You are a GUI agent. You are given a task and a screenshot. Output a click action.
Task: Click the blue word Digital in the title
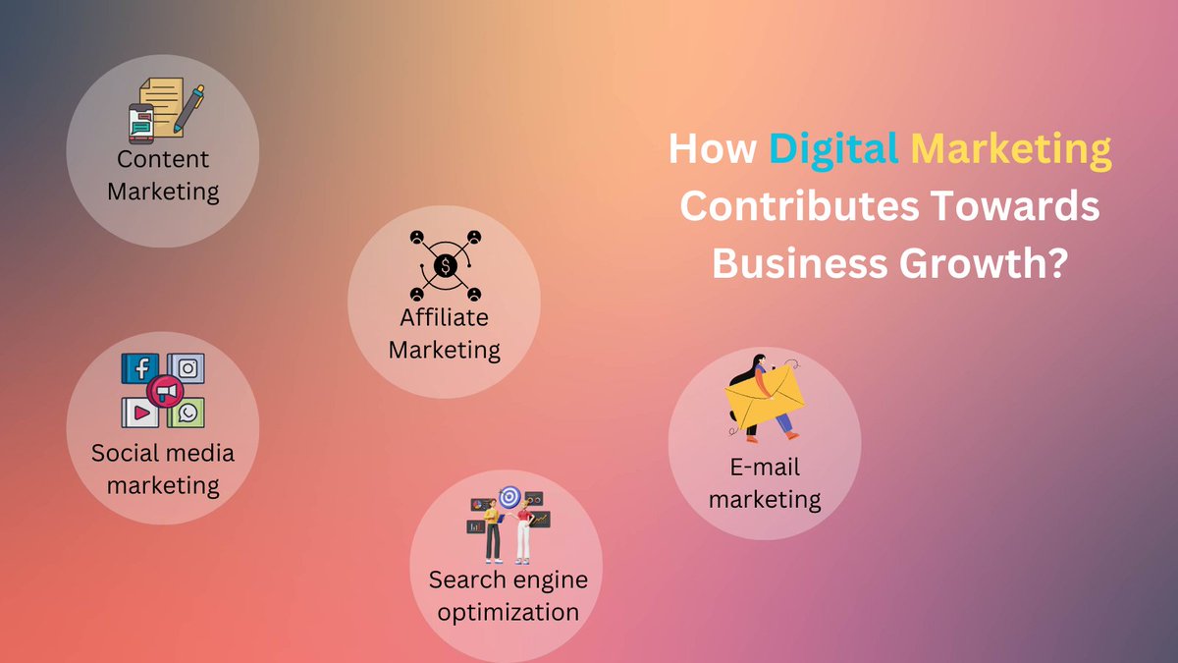pyautogui.click(x=833, y=150)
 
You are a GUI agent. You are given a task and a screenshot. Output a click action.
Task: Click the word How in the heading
pyautogui.click(x=713, y=150)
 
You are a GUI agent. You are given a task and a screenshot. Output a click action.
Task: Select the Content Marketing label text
pyautogui.click(x=163, y=175)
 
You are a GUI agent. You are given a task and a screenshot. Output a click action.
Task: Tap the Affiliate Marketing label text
pyautogui.click(x=445, y=333)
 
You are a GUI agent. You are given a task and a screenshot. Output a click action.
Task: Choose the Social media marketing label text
pyautogui.click(x=163, y=469)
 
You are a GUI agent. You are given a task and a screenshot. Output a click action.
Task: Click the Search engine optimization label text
pyautogui.click(x=509, y=595)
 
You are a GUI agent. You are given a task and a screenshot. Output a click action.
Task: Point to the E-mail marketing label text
pyautogui.click(x=765, y=483)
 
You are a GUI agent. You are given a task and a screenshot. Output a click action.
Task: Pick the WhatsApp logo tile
pyautogui.click(x=187, y=413)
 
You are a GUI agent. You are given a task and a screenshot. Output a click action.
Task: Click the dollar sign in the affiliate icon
pyautogui.click(x=446, y=265)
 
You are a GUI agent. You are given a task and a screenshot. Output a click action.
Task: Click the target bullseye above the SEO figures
pyautogui.click(x=509, y=498)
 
